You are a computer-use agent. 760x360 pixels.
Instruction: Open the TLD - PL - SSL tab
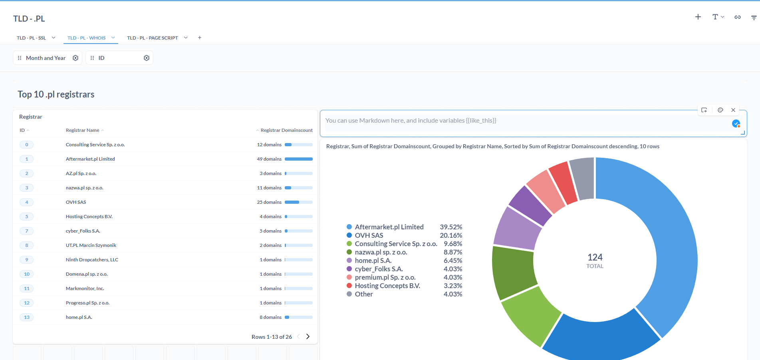point(31,38)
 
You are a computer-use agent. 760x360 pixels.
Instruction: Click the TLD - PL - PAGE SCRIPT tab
point(152,38)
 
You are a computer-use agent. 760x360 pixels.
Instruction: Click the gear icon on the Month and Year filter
point(75,58)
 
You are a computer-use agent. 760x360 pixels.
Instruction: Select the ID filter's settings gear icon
point(147,58)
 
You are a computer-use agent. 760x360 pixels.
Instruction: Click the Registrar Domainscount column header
point(286,130)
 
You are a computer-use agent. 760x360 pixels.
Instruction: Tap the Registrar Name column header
point(82,130)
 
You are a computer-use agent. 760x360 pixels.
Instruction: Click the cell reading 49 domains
point(269,159)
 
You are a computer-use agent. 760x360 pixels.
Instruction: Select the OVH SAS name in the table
point(76,202)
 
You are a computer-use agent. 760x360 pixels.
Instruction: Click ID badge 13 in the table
point(27,317)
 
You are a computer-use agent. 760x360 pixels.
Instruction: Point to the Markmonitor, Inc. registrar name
point(85,288)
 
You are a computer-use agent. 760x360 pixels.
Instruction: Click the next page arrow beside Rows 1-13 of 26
point(308,336)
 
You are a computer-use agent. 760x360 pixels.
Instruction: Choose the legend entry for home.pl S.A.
point(373,261)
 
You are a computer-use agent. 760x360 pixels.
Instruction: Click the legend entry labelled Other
point(363,294)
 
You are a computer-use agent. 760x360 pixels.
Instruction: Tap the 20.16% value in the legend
point(451,235)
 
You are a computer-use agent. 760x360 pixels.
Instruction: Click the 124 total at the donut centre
point(595,258)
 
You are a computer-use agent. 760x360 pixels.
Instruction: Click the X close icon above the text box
point(733,110)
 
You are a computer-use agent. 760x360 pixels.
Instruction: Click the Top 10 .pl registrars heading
point(56,95)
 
